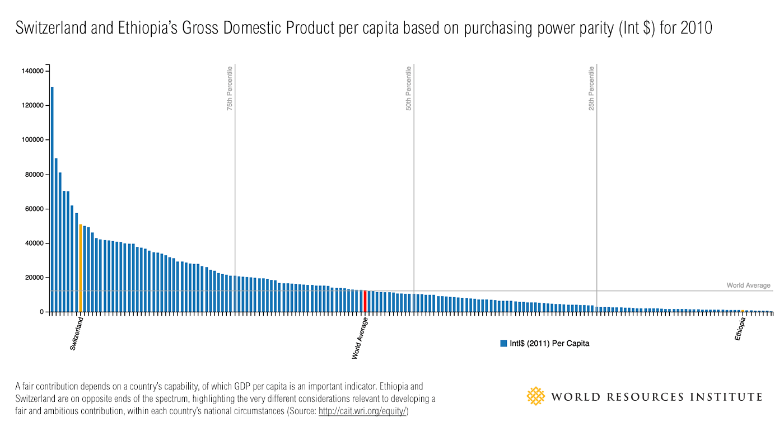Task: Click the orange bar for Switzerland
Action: (81, 268)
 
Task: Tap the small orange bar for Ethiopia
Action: (743, 311)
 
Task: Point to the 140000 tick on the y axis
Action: (33, 71)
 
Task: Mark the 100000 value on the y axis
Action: (33, 140)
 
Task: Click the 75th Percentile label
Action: (230, 88)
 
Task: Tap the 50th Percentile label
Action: (409, 88)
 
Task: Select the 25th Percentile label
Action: (591, 88)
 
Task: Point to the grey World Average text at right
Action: (748, 285)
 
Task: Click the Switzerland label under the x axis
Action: (77, 334)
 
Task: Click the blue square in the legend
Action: (503, 343)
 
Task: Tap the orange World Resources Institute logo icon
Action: (536, 396)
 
